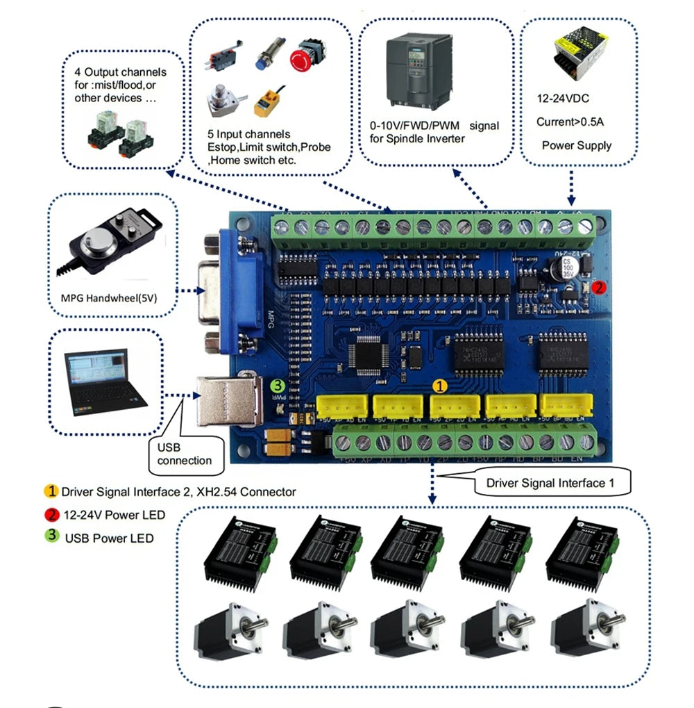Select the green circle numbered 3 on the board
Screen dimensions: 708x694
(x=277, y=386)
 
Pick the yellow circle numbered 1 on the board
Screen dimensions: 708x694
(x=441, y=384)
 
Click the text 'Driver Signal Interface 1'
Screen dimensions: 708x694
(x=550, y=483)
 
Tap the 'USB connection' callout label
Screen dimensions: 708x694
(x=184, y=454)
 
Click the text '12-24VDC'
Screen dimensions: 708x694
(x=563, y=99)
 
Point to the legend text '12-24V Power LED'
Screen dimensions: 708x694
(x=115, y=515)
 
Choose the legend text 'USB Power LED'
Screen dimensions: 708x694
(x=109, y=538)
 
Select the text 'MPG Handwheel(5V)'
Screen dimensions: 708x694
(x=112, y=299)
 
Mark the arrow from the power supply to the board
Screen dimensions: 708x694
(x=570, y=188)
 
